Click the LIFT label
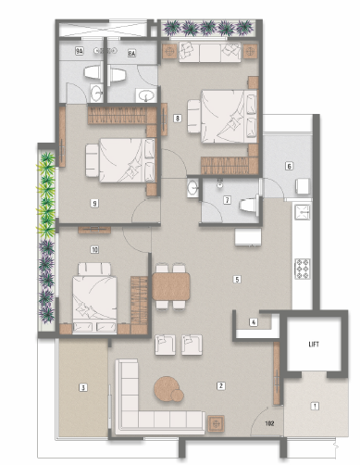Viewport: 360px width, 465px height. pos(314,344)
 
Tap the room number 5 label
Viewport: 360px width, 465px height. pos(237,280)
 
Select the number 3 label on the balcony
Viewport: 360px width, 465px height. pos(82,387)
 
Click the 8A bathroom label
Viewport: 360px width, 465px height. pos(131,54)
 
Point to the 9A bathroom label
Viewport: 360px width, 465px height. pos(80,51)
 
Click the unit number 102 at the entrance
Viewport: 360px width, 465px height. pos(269,423)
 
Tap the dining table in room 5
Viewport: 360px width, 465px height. pos(171,286)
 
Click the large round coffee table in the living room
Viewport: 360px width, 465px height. pos(167,388)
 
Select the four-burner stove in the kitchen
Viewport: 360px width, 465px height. pos(303,269)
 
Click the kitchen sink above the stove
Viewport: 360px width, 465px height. pos(303,212)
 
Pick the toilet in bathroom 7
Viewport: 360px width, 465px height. pos(249,204)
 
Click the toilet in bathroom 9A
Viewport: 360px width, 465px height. pos(93,72)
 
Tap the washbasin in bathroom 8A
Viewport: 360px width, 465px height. pos(146,95)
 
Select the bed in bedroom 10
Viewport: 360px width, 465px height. pos(94,297)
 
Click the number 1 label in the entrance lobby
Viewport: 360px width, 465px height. pos(315,406)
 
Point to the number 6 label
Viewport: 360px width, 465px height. pos(289,166)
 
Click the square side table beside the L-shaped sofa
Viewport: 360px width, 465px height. pos(216,423)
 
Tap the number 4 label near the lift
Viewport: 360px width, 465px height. pos(254,322)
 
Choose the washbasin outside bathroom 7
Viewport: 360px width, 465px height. pos(192,188)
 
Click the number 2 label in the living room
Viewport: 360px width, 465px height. pos(220,385)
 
